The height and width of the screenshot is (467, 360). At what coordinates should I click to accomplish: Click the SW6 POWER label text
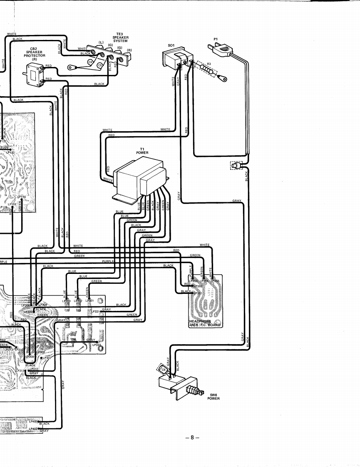(214, 397)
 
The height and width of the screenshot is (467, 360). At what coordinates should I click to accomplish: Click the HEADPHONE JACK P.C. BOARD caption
(205, 323)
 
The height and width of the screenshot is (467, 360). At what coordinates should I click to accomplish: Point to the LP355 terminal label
(215, 281)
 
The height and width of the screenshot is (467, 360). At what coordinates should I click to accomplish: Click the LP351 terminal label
(197, 293)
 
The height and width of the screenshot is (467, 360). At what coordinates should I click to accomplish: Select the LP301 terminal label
(89, 301)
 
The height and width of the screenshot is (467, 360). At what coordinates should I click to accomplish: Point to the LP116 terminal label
(22, 196)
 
